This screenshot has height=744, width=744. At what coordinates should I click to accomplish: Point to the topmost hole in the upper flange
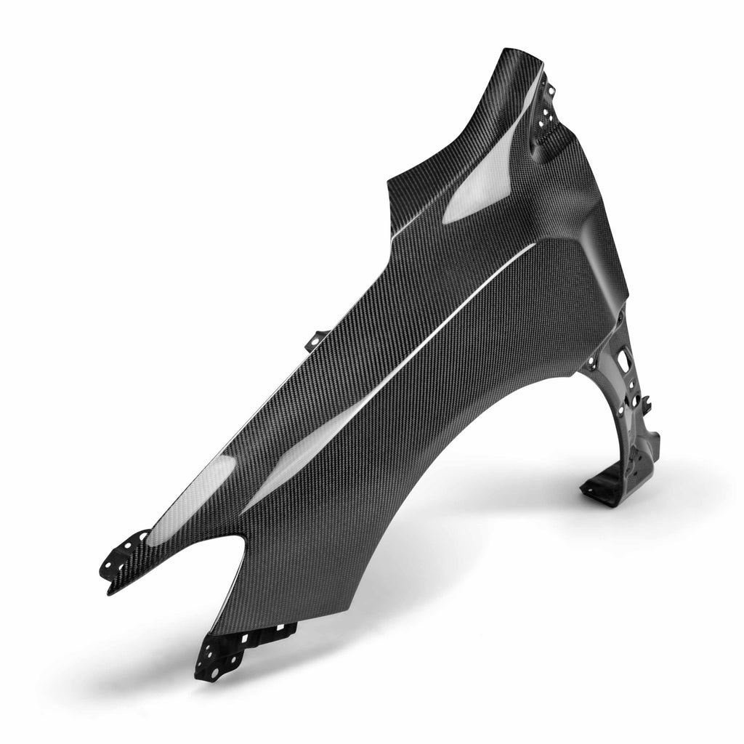point(550,90)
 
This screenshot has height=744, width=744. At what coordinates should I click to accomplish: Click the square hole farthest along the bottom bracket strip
point(254,636)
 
